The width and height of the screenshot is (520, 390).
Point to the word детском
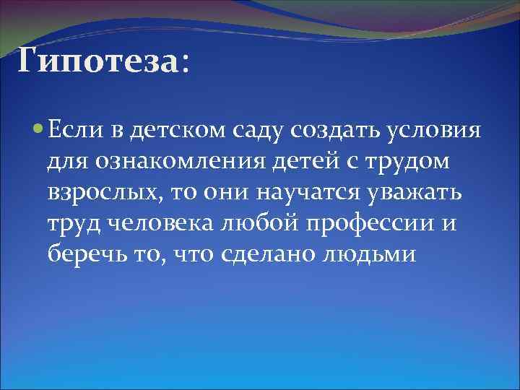click(x=163, y=131)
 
